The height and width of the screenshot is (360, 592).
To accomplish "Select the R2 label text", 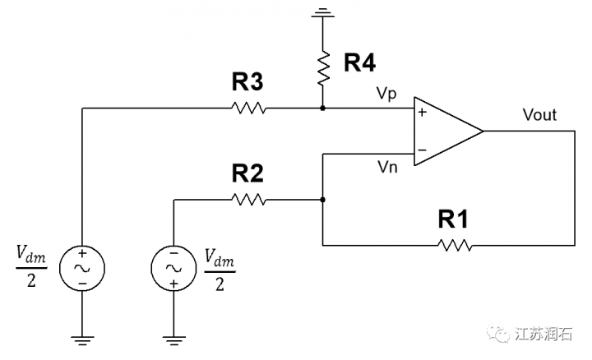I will [247, 173].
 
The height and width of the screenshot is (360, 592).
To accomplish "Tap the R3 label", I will [247, 81].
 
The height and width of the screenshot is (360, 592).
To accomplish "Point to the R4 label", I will [359, 62].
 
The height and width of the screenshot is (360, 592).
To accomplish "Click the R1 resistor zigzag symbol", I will [454, 245].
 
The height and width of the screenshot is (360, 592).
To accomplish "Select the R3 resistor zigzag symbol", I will [247, 108].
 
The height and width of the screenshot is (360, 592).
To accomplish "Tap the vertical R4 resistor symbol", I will [324, 70].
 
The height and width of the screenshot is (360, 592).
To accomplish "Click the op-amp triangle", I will [445, 131].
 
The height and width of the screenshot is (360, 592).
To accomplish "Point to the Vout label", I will [539, 115].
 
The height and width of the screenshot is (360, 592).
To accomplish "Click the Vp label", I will [387, 94].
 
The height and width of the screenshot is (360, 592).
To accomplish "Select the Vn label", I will [387, 167].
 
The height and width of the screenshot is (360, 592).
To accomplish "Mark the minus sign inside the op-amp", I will [422, 150].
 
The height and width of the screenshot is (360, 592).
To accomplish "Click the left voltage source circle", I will [82, 267].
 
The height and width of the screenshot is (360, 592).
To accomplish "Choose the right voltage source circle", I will [173, 267].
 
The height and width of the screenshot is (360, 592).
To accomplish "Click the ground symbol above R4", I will [324, 12].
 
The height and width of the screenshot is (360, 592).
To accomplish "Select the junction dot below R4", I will [324, 108].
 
